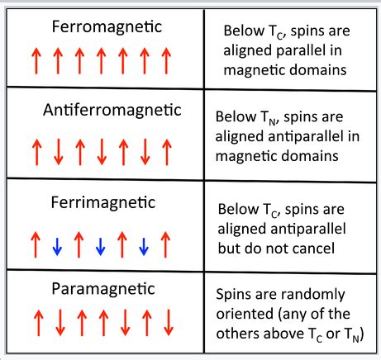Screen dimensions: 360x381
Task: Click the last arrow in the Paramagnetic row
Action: [x=168, y=322]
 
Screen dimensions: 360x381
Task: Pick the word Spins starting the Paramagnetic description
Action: [x=233, y=296]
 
